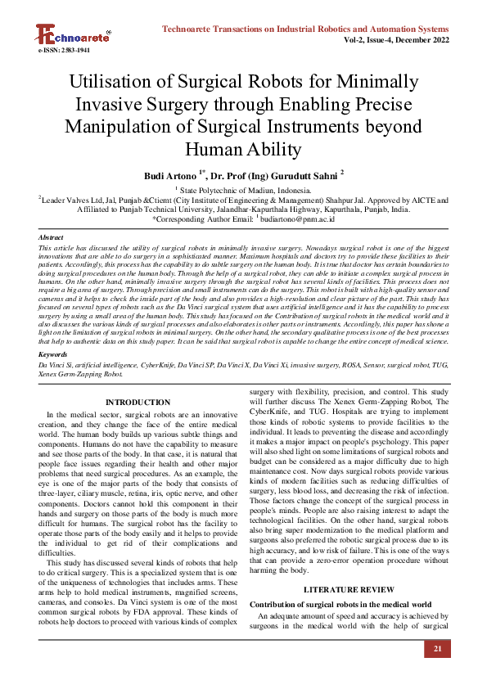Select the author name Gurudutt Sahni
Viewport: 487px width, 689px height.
[295, 175]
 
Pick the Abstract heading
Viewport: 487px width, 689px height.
[52, 237]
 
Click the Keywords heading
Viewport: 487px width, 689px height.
[54, 354]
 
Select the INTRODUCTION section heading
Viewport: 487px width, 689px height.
[138, 402]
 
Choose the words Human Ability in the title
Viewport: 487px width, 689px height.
[244, 150]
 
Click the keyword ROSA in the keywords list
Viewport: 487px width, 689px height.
[354, 363]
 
